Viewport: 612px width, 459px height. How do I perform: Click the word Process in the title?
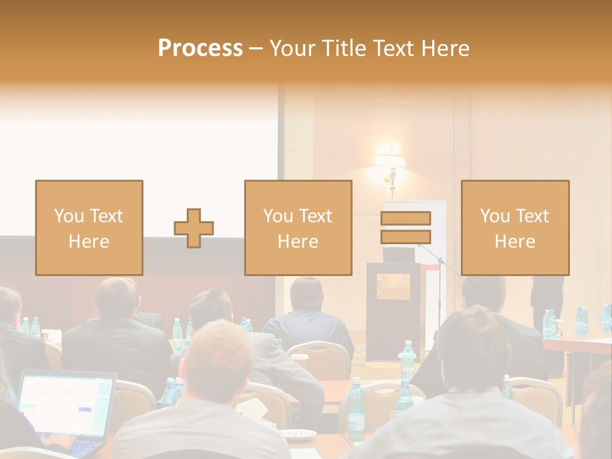pos(200,48)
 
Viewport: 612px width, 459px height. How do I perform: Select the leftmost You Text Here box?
pos(89,228)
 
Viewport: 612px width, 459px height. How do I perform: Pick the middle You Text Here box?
pos(298,228)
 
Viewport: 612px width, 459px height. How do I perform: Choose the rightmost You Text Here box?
pos(515,228)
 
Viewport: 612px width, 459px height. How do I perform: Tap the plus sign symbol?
pos(194,228)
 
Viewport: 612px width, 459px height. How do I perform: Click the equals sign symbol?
pos(405,228)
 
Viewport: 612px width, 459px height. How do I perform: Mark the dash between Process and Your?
pos(256,49)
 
